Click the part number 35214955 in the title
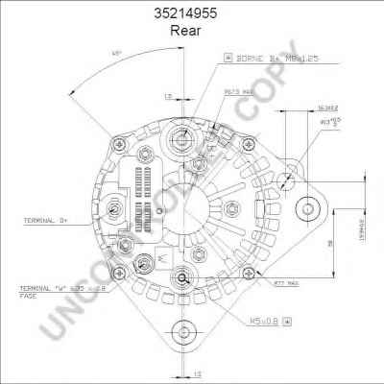(x=191, y=13)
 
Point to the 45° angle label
(x=116, y=51)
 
